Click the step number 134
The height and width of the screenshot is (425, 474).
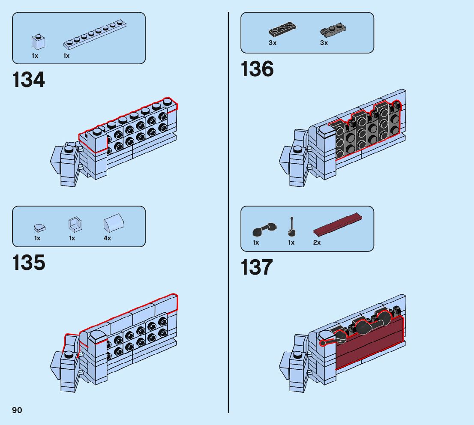[29, 80]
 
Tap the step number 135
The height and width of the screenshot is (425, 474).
[29, 263]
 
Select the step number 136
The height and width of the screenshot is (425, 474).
[257, 69]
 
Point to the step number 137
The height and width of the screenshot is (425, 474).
[257, 267]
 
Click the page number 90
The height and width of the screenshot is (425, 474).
[17, 410]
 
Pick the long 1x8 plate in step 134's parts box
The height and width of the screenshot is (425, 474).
[95, 35]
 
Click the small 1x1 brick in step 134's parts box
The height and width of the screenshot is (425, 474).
[38, 42]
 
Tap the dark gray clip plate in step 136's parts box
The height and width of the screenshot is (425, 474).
[333, 30]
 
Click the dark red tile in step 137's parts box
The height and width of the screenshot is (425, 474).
[338, 225]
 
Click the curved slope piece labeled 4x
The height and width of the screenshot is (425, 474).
[114, 223]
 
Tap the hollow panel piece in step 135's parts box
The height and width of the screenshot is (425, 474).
[75, 223]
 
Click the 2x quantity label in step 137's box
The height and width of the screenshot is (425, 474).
[317, 242]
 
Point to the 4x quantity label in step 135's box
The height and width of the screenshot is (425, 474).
[107, 238]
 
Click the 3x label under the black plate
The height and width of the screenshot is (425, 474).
[273, 43]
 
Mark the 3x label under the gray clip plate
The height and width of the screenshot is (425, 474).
[324, 43]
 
